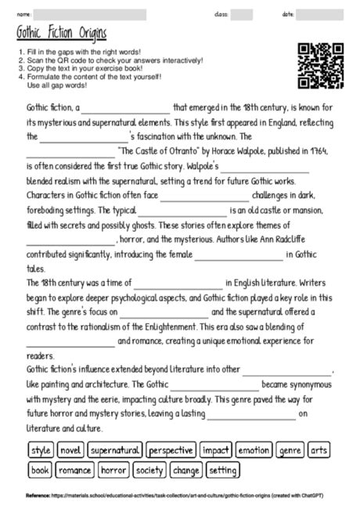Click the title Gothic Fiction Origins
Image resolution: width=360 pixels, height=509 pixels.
pos(62,35)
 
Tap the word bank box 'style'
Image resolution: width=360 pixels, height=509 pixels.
pos(41,450)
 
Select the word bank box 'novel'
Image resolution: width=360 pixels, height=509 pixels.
pos(70,450)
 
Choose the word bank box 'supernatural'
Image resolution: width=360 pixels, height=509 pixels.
pos(114,450)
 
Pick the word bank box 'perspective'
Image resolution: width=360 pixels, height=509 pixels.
pos(170,450)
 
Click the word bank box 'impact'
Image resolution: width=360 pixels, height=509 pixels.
pos(215,450)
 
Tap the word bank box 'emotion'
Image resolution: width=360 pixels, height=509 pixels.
pos(254,450)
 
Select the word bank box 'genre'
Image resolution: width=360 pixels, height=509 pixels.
pos(290,450)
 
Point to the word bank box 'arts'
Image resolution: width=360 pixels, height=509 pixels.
pos(319,450)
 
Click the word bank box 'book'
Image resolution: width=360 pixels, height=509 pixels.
pos(41,471)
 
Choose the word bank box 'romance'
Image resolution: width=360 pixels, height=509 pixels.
pos(74,471)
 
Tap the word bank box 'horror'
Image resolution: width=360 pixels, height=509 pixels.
pos(113,471)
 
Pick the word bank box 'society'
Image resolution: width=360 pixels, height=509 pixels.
pos(149,471)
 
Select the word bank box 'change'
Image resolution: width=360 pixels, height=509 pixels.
pos(186,471)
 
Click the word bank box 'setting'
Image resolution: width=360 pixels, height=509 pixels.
pos(223,471)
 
